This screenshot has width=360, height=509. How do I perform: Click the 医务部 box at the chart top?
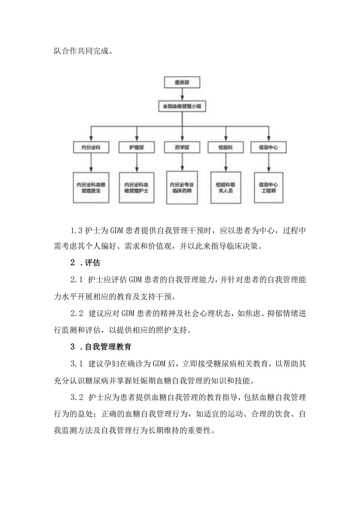coord(182,83)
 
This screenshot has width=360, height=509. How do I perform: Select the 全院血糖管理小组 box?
coord(182,106)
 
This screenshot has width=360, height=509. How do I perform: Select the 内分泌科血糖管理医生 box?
coord(91,187)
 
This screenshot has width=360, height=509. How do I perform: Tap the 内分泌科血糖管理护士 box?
coord(136,187)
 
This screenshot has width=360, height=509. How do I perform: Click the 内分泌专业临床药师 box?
coord(182,187)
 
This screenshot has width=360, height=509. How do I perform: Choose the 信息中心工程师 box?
coord(268,187)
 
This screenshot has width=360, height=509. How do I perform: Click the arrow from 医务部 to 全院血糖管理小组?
coord(182,94)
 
